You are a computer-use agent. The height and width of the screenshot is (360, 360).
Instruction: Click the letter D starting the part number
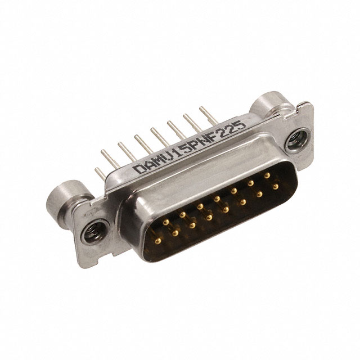coord(139,169)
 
